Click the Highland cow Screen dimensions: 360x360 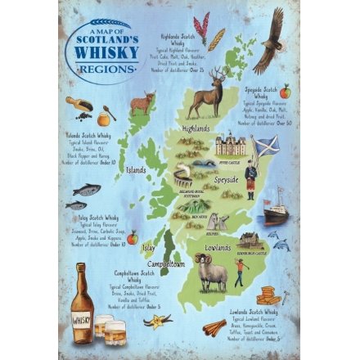(x=143, y=102)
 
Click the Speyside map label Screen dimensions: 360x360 (x=226, y=178)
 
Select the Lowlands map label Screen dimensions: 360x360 (x=217, y=246)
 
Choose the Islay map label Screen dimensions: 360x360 (x=147, y=246)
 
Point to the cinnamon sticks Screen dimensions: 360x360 (x=214, y=327)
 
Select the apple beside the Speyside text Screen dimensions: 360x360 (x=285, y=92)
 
